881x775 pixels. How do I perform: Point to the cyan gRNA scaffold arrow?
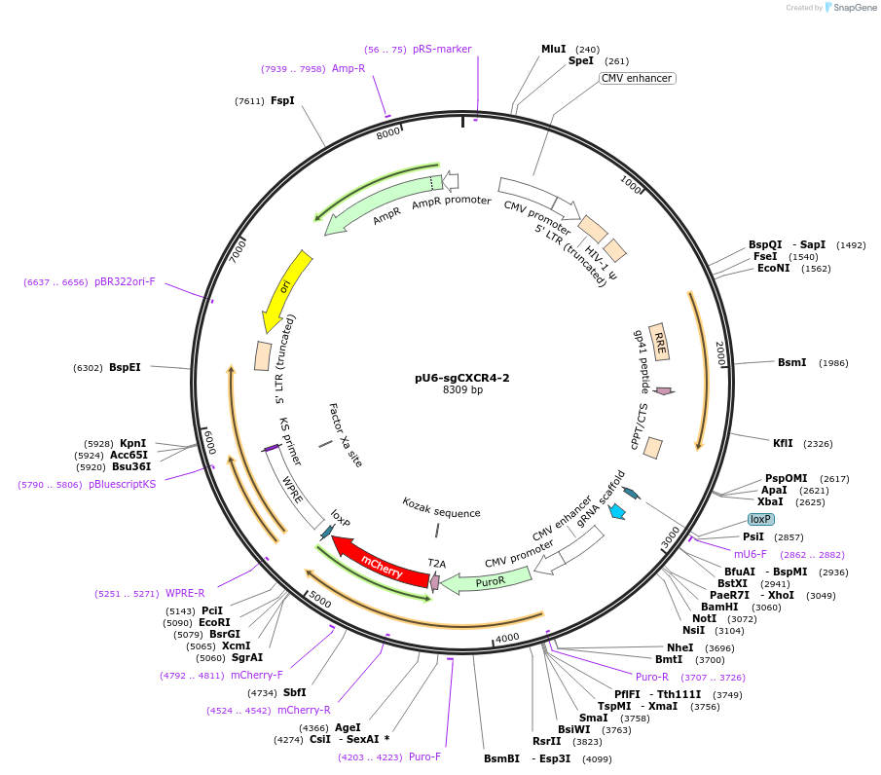pyautogui.click(x=616, y=511)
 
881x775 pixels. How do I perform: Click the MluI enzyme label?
pyautogui.click(x=553, y=49)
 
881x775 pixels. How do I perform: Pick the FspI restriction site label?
pyautogui.click(x=282, y=100)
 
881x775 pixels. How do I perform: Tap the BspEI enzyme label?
pyautogui.click(x=125, y=367)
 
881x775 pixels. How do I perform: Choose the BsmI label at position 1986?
pyautogui.click(x=791, y=362)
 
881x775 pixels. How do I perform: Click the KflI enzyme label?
pyautogui.click(x=783, y=443)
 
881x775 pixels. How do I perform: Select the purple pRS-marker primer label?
pyautogui.click(x=442, y=49)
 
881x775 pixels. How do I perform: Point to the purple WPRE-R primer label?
pyautogui.click(x=185, y=593)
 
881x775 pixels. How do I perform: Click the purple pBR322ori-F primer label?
pyautogui.click(x=125, y=281)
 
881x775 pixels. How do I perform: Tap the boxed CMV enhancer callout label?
pyautogui.click(x=637, y=78)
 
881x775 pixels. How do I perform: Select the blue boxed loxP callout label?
pyautogui.click(x=760, y=519)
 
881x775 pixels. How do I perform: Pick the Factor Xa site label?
pyautogui.click(x=345, y=435)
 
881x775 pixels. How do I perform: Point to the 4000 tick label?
pyautogui.click(x=507, y=638)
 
